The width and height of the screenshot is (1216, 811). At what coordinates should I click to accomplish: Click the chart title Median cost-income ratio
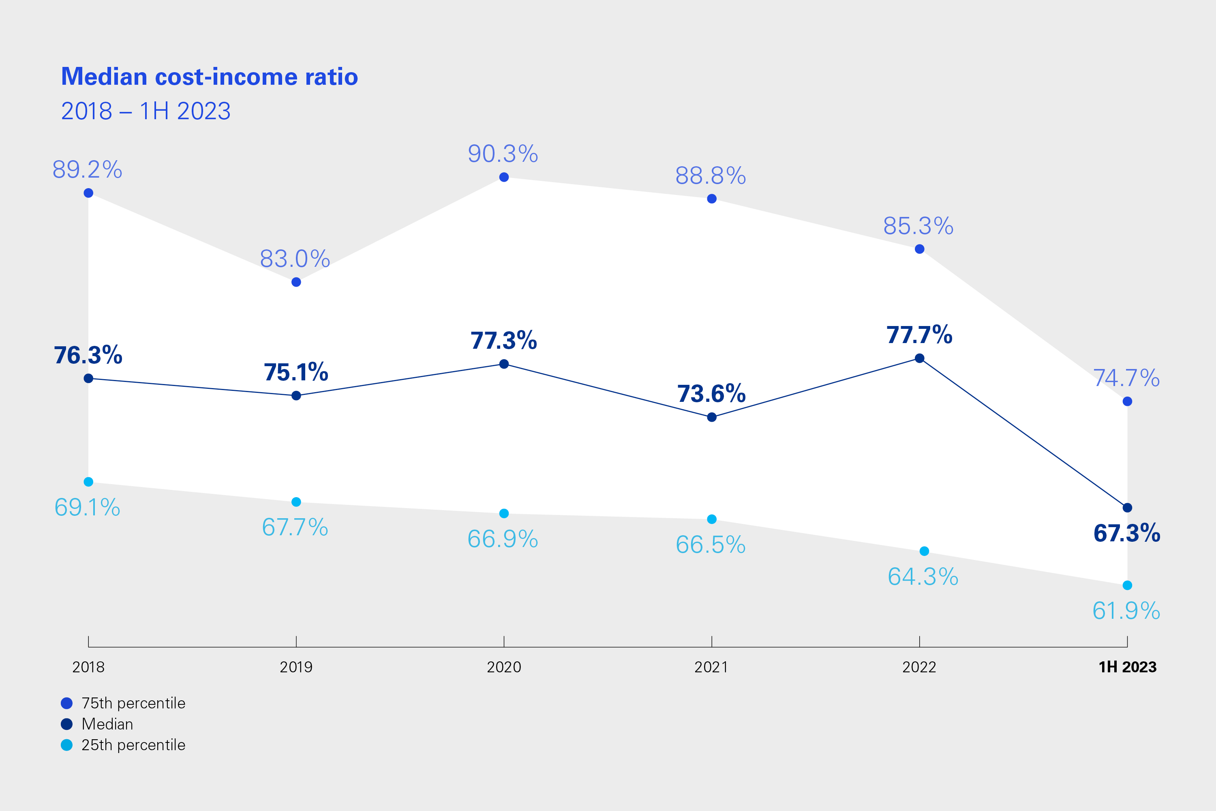point(210,77)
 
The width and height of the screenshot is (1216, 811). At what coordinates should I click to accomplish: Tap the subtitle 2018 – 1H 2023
point(146,111)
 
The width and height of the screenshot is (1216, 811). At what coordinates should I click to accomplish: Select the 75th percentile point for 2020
point(504,178)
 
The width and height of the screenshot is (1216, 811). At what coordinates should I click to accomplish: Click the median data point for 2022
point(920,358)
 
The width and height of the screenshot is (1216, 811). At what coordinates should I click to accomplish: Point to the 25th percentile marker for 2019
point(296,502)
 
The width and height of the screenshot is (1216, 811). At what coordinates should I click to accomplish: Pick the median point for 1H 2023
point(1128,508)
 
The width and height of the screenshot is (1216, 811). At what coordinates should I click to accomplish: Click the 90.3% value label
point(503,154)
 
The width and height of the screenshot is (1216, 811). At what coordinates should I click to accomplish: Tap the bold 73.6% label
point(711,394)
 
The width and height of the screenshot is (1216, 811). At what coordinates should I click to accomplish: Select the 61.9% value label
point(1126,611)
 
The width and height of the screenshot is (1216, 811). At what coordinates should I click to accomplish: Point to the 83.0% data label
point(295,259)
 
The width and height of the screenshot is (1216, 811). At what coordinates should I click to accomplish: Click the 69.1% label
point(88,507)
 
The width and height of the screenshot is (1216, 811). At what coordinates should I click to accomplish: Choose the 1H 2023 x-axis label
point(1128,667)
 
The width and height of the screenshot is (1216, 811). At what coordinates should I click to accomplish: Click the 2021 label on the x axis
point(711,667)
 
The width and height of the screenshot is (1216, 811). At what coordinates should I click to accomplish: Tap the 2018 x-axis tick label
point(88,667)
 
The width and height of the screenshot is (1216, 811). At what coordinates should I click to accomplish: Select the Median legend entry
point(107,724)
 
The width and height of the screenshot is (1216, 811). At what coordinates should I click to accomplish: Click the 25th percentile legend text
point(133,745)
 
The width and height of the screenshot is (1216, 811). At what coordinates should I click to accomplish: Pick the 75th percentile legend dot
point(67,704)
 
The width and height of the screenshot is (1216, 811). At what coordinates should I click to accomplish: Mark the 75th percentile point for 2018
point(88,193)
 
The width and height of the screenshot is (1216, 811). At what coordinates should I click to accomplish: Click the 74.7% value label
point(1126,378)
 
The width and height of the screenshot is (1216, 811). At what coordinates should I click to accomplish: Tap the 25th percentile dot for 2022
point(925,551)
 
